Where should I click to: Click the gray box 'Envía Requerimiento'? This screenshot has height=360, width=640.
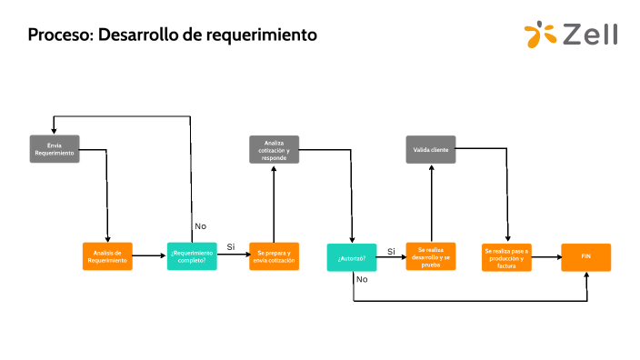pyautogui.click(x=55, y=149)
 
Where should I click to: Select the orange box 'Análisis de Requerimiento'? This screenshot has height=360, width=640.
pyautogui.click(x=107, y=257)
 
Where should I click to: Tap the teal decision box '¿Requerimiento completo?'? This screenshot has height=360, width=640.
pyautogui.click(x=192, y=257)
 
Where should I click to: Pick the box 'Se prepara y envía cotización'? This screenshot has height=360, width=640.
pyautogui.click(x=275, y=257)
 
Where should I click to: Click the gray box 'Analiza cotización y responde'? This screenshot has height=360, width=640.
pyautogui.click(x=275, y=150)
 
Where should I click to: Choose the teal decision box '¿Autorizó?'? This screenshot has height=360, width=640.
pyautogui.click(x=352, y=257)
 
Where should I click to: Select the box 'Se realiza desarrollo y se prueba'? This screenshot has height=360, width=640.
pyautogui.click(x=431, y=257)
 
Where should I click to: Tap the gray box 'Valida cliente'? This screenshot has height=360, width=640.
pyautogui.click(x=431, y=150)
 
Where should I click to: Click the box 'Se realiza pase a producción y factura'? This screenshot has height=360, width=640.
pyautogui.click(x=506, y=257)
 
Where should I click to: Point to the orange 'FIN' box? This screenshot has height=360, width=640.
pyautogui.click(x=585, y=257)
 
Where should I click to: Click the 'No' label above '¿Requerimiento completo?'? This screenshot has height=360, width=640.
pyautogui.click(x=201, y=225)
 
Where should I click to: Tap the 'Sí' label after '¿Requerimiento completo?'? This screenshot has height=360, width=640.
pyautogui.click(x=231, y=247)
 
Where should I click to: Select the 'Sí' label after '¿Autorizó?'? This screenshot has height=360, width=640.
pyautogui.click(x=391, y=251)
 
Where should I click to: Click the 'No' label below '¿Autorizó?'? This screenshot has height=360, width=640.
pyautogui.click(x=362, y=279)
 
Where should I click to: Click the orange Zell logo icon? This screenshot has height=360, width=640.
pyautogui.click(x=540, y=35)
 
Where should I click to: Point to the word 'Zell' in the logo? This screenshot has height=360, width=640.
pyautogui.click(x=590, y=35)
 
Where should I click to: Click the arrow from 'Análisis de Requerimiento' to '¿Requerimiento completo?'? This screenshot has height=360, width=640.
pyautogui.click(x=149, y=257)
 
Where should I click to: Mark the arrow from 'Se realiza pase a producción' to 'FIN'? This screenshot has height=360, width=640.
pyautogui.click(x=545, y=257)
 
